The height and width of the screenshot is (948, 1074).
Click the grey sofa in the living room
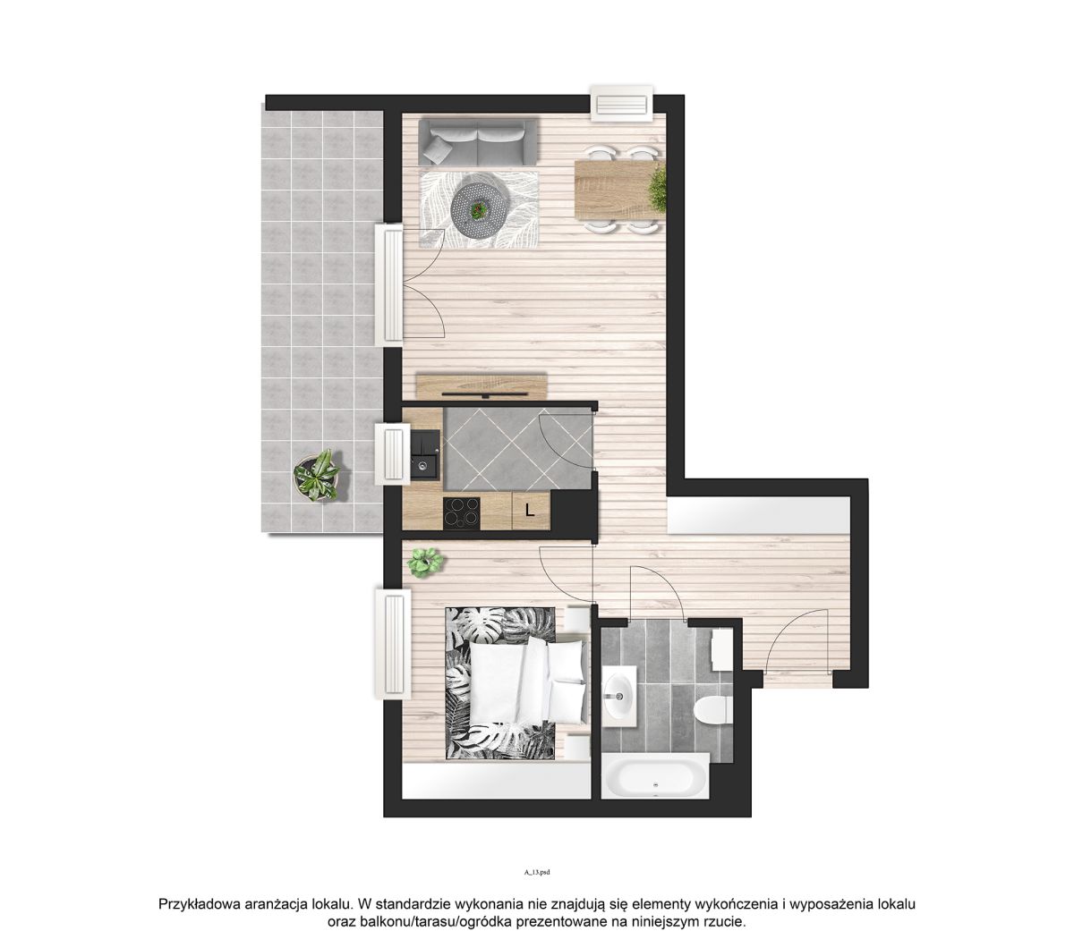pos(478,142)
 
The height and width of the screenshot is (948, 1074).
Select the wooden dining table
pos(618,190)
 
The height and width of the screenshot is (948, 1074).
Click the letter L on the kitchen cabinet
pos(529,510)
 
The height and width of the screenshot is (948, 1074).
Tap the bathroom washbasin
pos(619,695)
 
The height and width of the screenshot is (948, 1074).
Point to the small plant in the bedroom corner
pos(425,562)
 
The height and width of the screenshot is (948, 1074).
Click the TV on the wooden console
pos(484,394)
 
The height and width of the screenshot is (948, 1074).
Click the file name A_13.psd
pos(536,871)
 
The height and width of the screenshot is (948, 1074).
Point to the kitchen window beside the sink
pos(392,453)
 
